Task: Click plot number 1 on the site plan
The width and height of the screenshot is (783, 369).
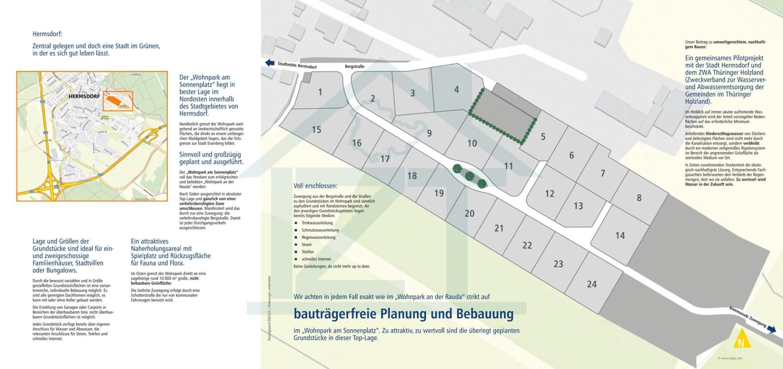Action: click(320, 92)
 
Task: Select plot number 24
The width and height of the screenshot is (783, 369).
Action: click(592, 284)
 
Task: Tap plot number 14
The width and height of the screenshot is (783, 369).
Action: click(620, 236)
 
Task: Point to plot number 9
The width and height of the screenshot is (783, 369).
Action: click(429, 133)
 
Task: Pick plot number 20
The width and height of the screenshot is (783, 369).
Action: click(469, 213)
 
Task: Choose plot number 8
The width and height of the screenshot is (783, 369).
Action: click(639, 198)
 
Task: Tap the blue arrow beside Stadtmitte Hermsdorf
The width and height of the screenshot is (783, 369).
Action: click(270, 63)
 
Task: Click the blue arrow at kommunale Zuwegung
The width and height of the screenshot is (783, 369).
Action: click(771, 329)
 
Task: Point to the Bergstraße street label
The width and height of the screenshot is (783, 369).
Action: click(354, 66)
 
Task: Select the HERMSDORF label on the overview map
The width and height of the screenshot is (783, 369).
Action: click(84, 97)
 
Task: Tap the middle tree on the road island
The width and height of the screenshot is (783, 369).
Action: click(469, 176)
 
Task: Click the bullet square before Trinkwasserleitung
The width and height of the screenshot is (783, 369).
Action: click(296, 223)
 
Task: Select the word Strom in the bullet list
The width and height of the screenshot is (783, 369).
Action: click(306, 245)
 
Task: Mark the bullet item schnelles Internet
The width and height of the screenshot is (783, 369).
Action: click(316, 259)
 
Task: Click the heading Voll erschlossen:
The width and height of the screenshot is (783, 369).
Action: click(315, 186)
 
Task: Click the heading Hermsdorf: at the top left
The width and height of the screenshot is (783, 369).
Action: click(47, 34)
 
